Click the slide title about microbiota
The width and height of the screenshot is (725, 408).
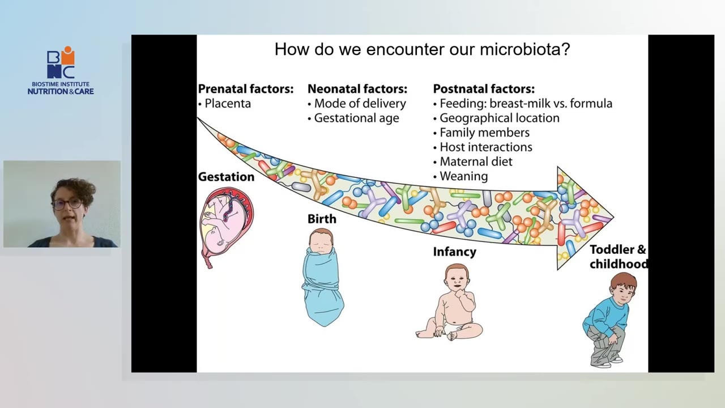click(x=422, y=49)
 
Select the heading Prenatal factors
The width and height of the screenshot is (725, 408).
click(x=245, y=89)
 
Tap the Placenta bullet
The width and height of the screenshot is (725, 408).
click(x=227, y=104)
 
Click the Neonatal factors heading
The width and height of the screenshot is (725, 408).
click(x=357, y=89)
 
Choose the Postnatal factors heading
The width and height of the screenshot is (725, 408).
click(x=483, y=89)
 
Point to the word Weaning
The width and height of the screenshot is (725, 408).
click(x=463, y=176)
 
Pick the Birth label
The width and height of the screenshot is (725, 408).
click(x=322, y=219)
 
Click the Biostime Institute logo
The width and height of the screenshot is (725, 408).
click(x=61, y=71)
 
